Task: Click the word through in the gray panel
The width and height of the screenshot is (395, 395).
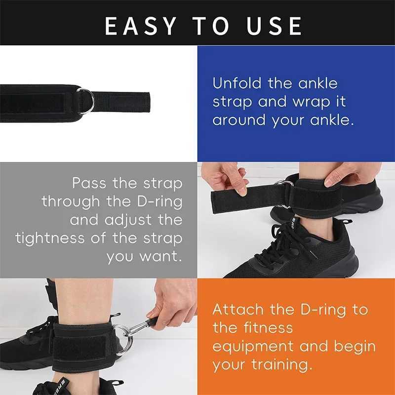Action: click(72, 201)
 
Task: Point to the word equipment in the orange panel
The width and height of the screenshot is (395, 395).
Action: click(251, 347)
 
